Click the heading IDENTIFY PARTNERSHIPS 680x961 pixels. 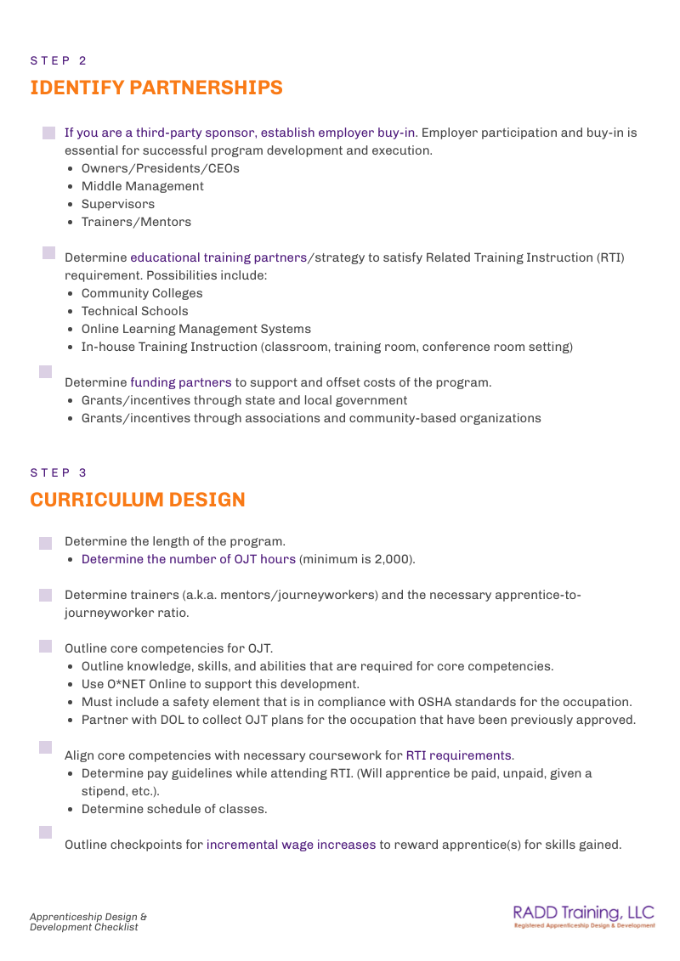point(156,88)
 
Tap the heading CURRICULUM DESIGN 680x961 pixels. point(138,500)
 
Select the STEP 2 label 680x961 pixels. point(58,60)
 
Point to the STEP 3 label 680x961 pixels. point(58,472)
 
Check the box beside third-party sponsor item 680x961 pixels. point(48,133)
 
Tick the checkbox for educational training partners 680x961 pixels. point(48,252)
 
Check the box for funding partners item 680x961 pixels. point(46,371)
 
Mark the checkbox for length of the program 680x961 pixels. point(46,542)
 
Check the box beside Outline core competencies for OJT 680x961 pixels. point(46,647)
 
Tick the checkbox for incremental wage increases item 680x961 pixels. point(46,832)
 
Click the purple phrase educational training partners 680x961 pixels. point(218,257)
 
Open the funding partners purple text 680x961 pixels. point(180,382)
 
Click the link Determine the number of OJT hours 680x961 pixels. point(189,559)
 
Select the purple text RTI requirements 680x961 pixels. point(459,755)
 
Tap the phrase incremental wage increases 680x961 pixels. point(291,845)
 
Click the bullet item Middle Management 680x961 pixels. point(142,186)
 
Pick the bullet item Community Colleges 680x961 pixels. point(142,293)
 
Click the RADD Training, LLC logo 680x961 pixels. point(584,917)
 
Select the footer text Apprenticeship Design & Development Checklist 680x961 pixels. point(88,922)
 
